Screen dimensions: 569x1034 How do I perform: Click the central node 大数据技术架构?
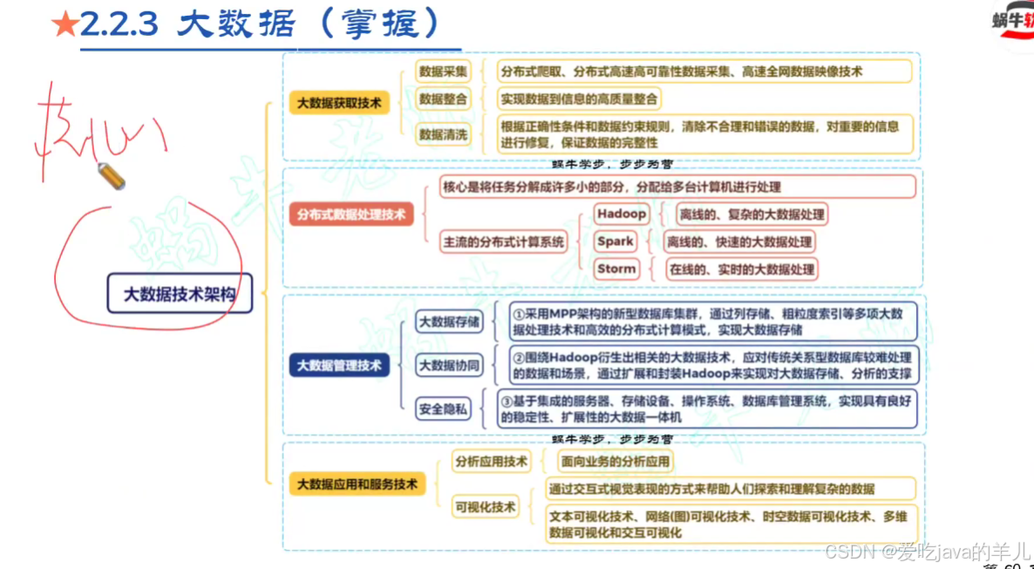(180, 293)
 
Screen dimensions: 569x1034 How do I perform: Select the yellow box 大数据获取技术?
(339, 103)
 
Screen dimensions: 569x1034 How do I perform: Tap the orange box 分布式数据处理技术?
(351, 213)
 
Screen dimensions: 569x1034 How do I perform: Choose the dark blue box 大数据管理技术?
(339, 366)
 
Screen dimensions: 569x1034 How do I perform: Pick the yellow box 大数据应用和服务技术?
(357, 483)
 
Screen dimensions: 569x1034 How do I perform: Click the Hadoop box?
(622, 214)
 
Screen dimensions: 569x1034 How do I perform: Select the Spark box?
(616, 241)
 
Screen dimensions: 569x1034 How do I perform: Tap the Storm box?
(616, 269)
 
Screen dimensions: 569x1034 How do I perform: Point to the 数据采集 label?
(443, 72)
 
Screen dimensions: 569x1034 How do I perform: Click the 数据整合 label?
(443, 99)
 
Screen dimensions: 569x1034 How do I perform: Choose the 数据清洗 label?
(443, 134)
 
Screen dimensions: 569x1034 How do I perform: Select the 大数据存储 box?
(449, 321)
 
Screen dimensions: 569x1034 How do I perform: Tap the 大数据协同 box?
(449, 366)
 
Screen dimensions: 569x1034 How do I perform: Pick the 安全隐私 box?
(443, 408)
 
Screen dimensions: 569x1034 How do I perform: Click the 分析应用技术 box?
(491, 462)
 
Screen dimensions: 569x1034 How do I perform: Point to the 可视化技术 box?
(485, 506)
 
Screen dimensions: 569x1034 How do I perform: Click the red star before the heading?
(65, 26)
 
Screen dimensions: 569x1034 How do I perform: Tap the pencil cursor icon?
(112, 176)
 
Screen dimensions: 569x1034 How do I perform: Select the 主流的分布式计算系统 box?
(504, 242)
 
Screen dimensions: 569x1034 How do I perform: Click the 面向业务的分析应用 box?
(615, 462)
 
